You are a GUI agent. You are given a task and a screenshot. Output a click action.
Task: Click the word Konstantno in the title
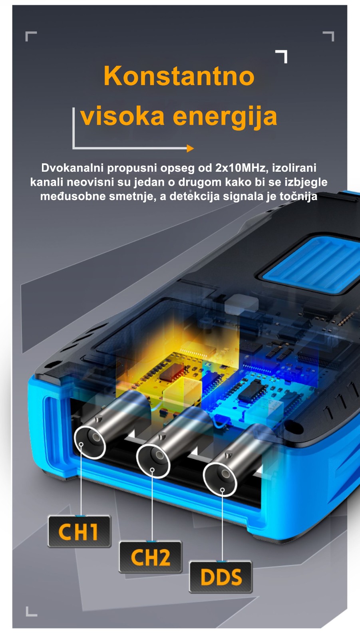coord(179,76)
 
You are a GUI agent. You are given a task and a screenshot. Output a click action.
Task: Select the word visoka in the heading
coord(123,116)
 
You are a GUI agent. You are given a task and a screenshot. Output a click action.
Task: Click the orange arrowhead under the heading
coord(190,148)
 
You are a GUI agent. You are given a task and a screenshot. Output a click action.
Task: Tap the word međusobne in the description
coord(73,196)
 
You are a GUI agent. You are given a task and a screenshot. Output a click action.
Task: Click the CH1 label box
coord(79,532)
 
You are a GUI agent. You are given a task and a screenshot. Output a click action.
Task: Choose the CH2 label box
coord(150,557)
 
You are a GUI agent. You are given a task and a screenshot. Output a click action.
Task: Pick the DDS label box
coord(221,577)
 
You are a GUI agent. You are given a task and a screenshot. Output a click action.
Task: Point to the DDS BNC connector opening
coord(220,479)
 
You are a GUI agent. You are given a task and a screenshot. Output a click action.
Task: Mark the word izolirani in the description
coord(294,168)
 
